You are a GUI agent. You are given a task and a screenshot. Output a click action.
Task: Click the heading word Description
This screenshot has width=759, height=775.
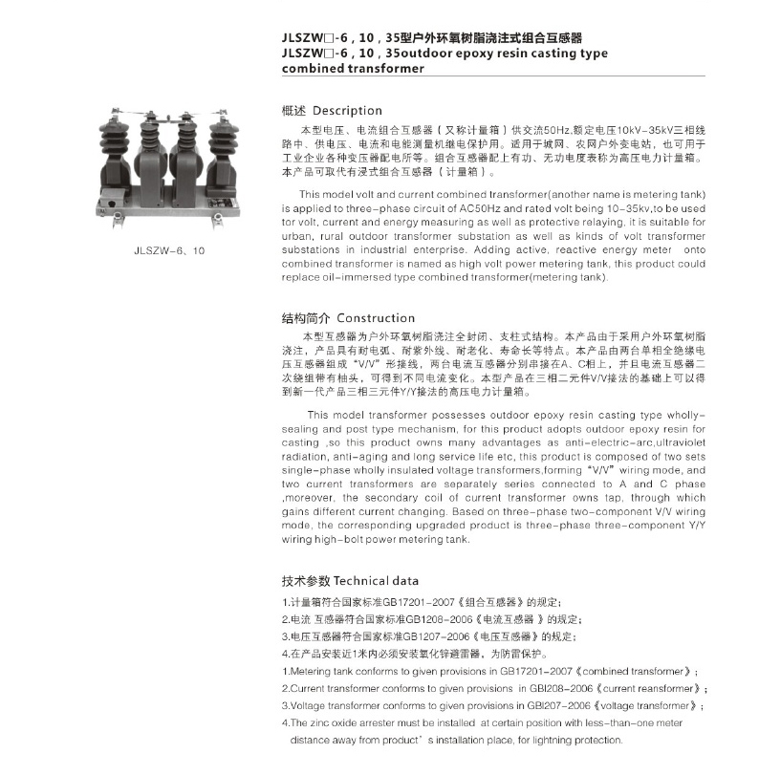coord(347,110)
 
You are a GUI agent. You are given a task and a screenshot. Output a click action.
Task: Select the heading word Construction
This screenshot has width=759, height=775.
coord(376,318)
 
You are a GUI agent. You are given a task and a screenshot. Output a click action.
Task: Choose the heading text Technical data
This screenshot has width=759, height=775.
coord(376,580)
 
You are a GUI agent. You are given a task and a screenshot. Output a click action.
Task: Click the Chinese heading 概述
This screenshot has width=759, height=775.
coord(294,110)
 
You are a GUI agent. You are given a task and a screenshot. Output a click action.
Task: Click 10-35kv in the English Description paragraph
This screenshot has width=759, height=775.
coord(605,208)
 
